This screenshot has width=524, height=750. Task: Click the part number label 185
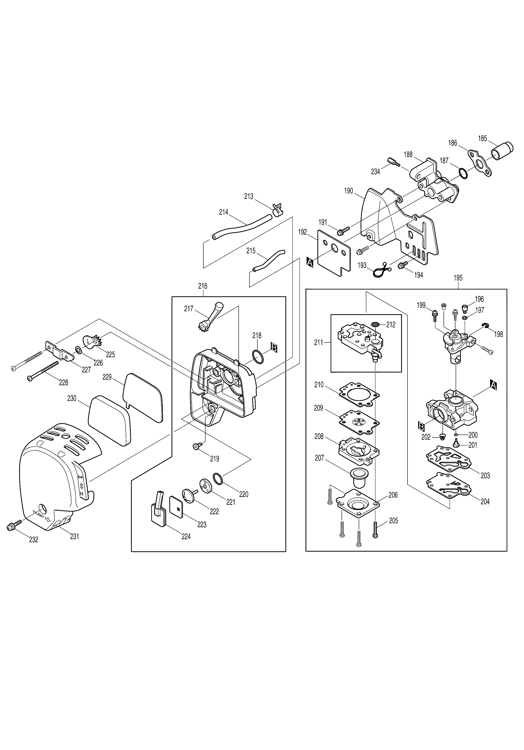tap(482, 138)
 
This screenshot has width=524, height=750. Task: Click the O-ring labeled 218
tap(258, 357)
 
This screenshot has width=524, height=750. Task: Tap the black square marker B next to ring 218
tap(274, 348)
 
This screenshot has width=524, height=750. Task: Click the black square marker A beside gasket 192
tap(310, 262)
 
